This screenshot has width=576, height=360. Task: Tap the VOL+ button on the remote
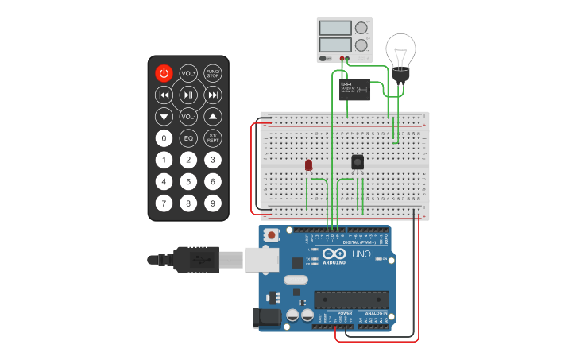click(x=188, y=73)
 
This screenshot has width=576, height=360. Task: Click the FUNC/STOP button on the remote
click(x=213, y=73)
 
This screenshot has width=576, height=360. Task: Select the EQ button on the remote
click(x=188, y=138)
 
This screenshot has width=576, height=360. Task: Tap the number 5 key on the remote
click(x=188, y=181)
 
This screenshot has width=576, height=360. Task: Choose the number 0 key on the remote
click(x=164, y=138)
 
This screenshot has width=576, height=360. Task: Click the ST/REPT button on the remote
click(x=213, y=138)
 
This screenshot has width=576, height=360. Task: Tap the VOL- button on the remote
click(x=188, y=116)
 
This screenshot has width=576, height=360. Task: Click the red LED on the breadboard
click(x=308, y=165)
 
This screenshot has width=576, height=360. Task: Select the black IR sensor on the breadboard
click(x=358, y=162)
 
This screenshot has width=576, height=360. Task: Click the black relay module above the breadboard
click(x=354, y=89)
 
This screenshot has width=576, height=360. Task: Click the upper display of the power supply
click(x=335, y=28)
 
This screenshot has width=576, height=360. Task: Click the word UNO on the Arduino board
click(x=362, y=254)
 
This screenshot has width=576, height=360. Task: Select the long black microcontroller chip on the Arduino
click(x=352, y=299)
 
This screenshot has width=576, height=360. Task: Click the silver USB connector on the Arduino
click(x=261, y=259)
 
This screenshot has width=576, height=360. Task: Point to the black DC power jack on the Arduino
click(x=266, y=318)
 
